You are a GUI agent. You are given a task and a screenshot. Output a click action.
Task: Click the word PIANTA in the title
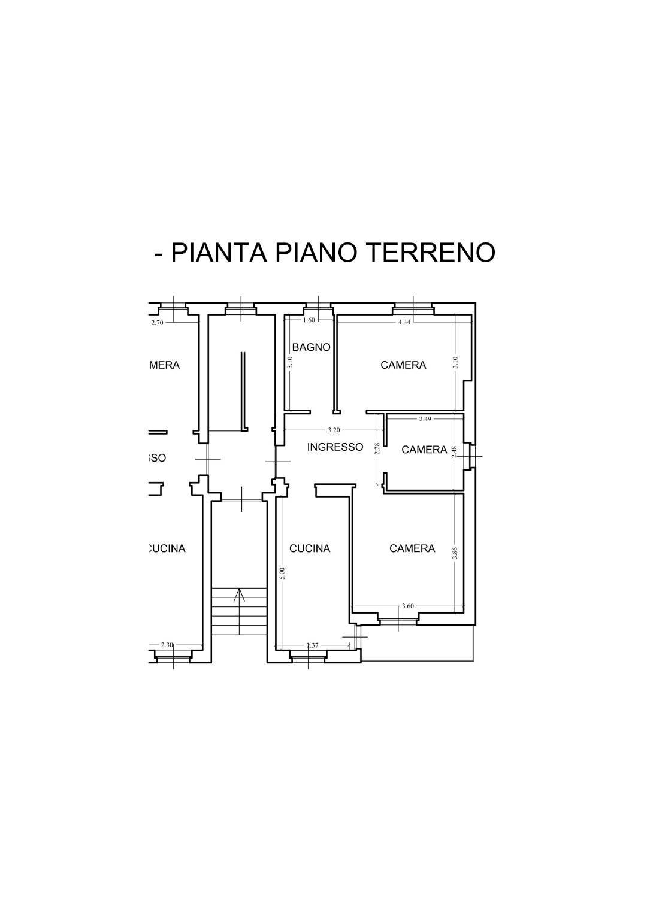tap(219, 252)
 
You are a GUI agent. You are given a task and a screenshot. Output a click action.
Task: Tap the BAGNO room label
tap(311, 347)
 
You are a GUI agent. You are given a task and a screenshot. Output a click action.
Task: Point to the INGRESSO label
tap(335, 447)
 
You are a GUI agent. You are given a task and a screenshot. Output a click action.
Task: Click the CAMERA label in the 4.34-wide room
tap(403, 365)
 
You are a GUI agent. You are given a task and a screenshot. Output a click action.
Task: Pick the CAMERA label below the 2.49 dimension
tap(424, 450)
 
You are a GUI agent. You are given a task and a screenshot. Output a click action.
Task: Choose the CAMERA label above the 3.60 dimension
tap(412, 548)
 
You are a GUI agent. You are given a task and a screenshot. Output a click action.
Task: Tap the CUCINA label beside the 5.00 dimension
tap(310, 548)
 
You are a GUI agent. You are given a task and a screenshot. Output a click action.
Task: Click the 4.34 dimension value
tap(404, 322)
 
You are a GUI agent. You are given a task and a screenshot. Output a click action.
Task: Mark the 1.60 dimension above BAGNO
tap(309, 320)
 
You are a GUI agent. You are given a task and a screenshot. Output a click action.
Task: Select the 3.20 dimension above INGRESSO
tap(334, 430)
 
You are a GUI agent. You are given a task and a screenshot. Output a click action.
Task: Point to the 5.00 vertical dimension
tap(283, 573)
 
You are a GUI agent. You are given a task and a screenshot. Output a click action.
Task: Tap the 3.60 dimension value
tap(407, 606)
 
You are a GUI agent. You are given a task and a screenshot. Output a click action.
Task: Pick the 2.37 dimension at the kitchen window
tap(312, 645)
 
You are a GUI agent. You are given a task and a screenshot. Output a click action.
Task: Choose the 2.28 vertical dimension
tap(377, 448)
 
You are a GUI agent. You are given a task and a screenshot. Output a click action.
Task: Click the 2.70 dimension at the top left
tap(157, 322)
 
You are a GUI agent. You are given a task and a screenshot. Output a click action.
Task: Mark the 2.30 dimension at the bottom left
tap(167, 645)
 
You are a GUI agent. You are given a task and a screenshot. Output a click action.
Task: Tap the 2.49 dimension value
tap(425, 419)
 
